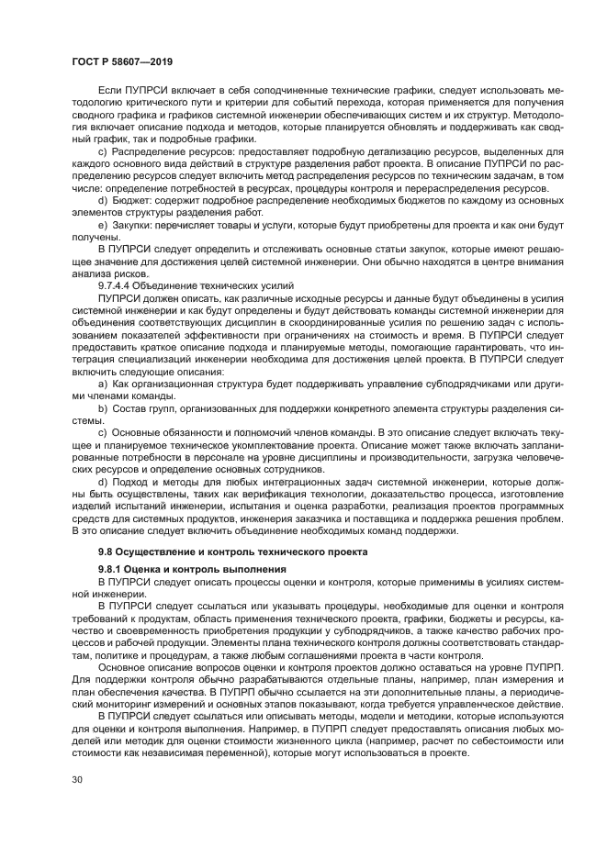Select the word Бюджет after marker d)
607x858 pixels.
pos(133,198)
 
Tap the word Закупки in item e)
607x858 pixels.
pos(135,224)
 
